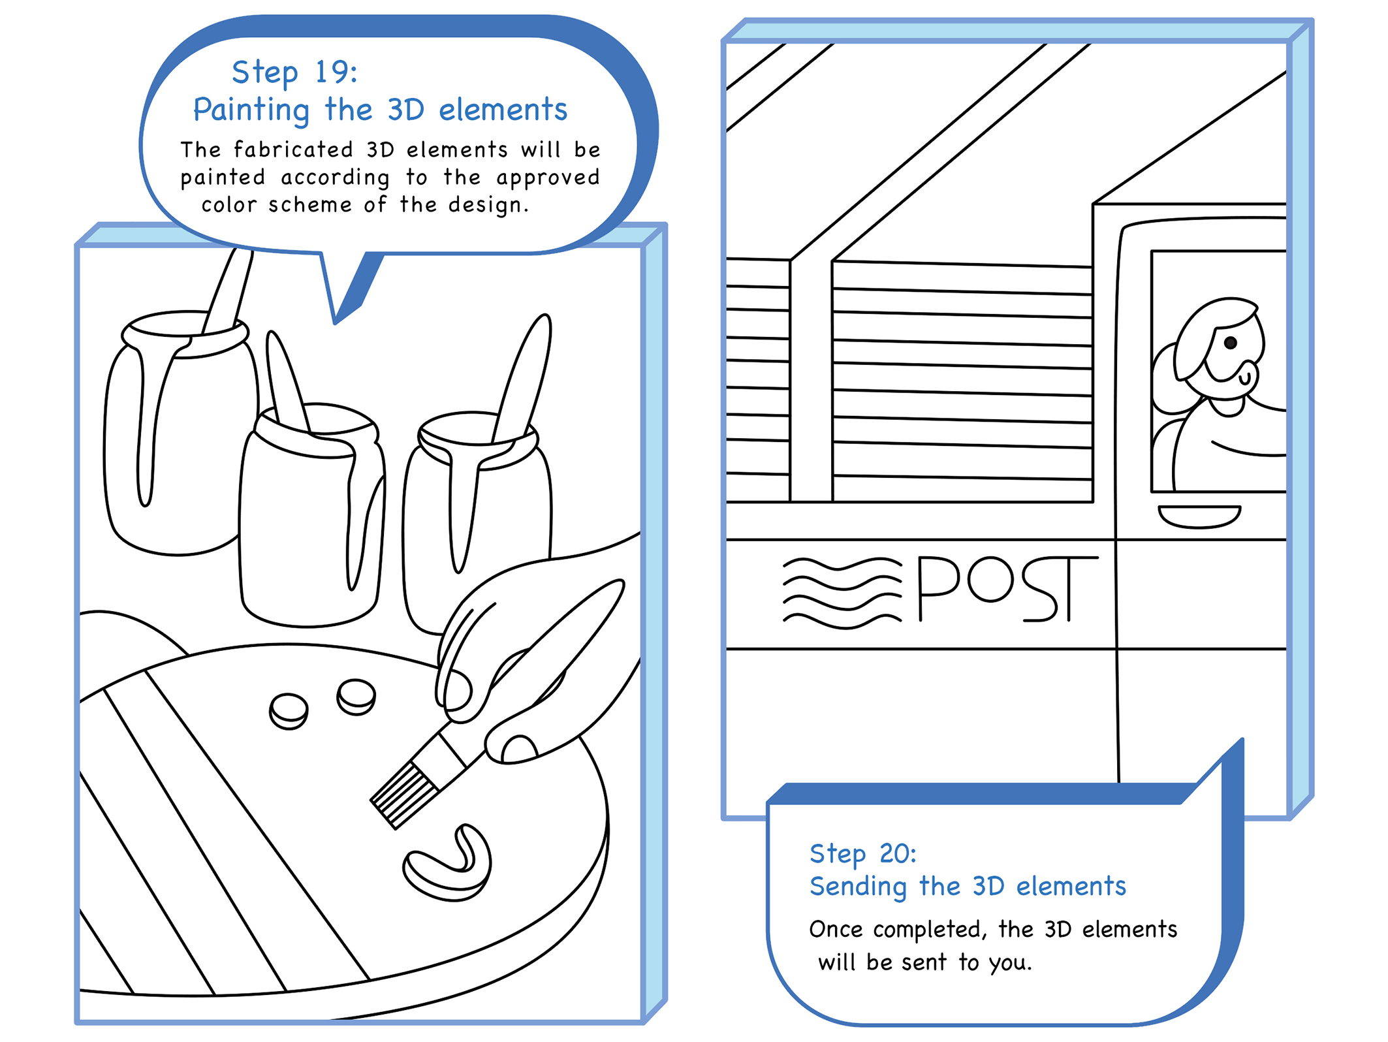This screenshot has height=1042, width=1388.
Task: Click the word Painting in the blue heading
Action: tap(251, 110)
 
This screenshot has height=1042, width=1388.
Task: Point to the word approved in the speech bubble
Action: tap(548, 178)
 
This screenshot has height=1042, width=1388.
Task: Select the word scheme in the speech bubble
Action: tap(309, 205)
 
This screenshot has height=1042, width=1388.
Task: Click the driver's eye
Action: tap(1230, 343)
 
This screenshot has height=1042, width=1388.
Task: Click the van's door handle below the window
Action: tap(1199, 516)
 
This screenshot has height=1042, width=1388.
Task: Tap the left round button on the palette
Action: tap(289, 710)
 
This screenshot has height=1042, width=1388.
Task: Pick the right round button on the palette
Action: tap(356, 696)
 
